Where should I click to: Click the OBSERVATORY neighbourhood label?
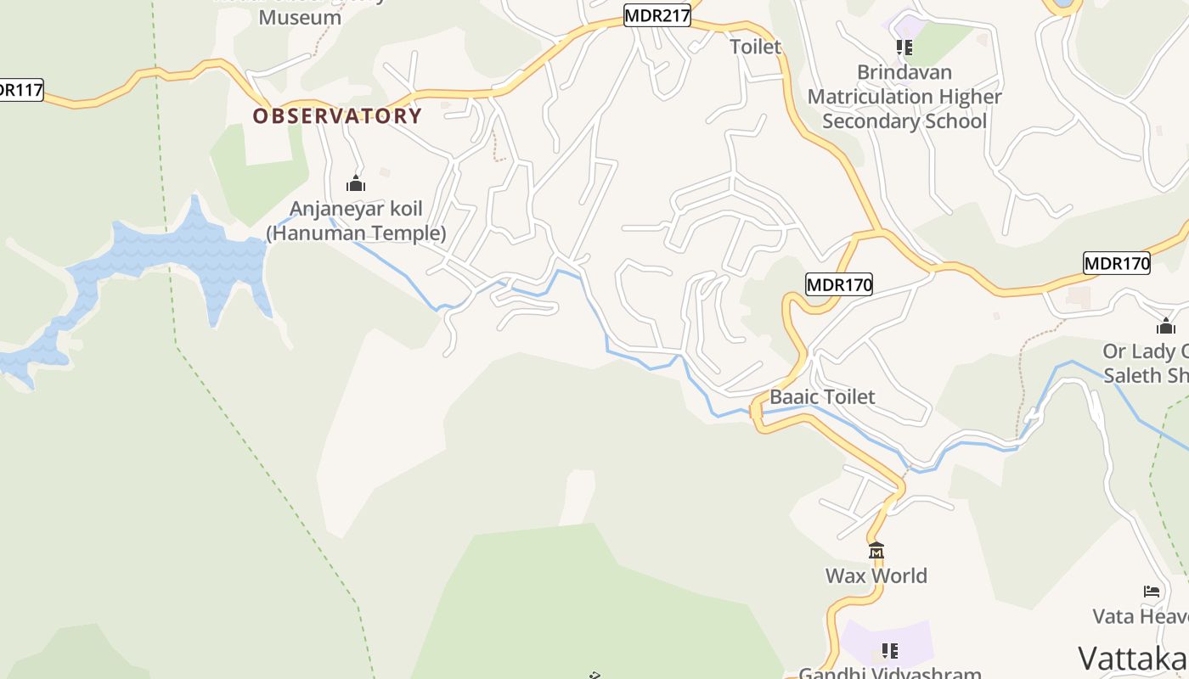point(337,116)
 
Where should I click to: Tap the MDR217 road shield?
point(657,15)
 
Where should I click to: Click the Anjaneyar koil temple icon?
point(356,183)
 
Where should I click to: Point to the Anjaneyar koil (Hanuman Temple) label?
point(356,221)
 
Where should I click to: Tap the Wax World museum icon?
point(876,550)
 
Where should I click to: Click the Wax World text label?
point(876,575)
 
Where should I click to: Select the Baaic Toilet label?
point(822,396)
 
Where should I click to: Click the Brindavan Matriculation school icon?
point(904,48)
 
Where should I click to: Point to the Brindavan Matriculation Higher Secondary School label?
point(904,97)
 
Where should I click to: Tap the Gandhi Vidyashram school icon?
point(889,651)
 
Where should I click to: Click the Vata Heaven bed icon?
point(1152,592)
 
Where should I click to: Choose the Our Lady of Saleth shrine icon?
point(1166,326)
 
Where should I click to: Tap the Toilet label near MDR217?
point(756,47)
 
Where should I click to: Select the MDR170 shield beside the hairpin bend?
point(839,284)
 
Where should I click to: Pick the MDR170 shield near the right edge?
point(1117,263)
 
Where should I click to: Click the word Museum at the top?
point(300,17)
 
